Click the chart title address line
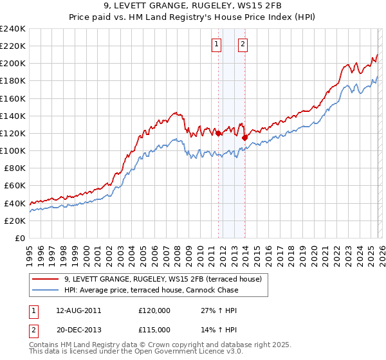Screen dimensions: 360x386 (x=192, y=6)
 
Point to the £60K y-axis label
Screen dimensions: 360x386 (x=15, y=186)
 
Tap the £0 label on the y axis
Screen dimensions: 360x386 (x=19, y=238)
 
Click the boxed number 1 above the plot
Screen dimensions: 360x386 (x=216, y=44)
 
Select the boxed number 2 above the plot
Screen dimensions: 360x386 (x=243, y=44)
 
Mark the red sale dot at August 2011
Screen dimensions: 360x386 (x=219, y=133)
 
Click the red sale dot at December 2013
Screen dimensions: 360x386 (x=245, y=138)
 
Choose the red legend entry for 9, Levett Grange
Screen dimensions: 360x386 (x=162, y=280)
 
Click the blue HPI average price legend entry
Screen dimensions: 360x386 (x=151, y=290)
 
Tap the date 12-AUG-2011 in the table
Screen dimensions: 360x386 (x=78, y=310)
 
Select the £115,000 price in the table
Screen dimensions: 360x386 (x=154, y=329)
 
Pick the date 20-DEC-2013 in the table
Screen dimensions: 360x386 (x=78, y=329)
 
